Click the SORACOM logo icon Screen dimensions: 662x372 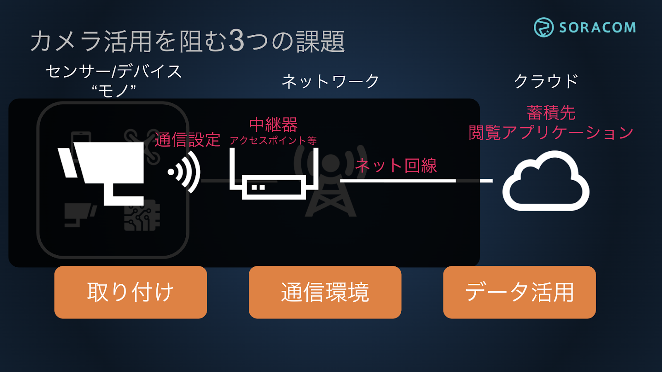543,27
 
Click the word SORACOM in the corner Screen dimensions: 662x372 597,28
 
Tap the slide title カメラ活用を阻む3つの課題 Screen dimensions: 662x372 187,41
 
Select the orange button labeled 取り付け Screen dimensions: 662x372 130,292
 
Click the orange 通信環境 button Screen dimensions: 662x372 325,292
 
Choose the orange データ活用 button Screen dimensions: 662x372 519,292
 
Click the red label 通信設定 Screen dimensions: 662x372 187,140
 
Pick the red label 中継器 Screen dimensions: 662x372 273,124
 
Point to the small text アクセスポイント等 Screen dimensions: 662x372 273,141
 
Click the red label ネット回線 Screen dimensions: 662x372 396,166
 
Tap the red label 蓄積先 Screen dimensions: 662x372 551,112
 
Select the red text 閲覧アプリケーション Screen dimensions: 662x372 551,133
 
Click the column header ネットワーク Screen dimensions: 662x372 330,81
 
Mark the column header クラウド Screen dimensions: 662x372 546,81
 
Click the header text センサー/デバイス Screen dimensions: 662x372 114,72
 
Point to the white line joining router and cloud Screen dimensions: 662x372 397,181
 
